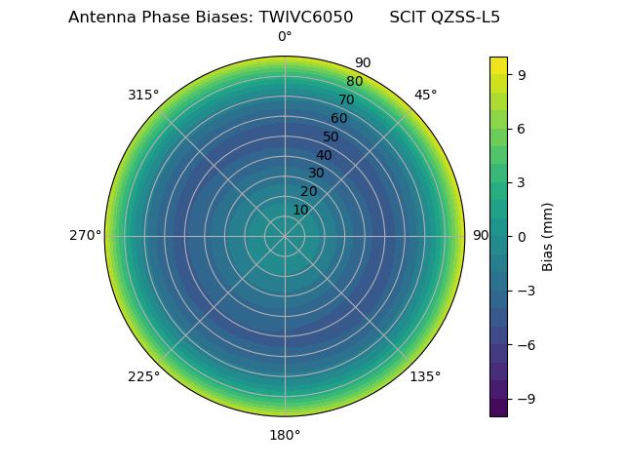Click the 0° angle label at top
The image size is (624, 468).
click(285, 37)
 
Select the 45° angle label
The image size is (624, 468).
click(425, 95)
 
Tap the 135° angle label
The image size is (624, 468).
click(425, 376)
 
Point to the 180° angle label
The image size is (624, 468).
click(285, 435)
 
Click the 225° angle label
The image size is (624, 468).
click(143, 376)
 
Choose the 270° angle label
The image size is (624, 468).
click(86, 236)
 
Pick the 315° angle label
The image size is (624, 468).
click(143, 95)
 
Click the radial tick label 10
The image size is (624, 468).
click(300, 210)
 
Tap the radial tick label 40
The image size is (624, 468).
click(324, 155)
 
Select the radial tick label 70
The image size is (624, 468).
click(346, 99)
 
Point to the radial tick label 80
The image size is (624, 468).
click(354, 82)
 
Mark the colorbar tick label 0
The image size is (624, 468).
click(522, 236)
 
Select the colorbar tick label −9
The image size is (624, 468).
click(526, 399)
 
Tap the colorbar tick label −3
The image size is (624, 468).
click(526, 291)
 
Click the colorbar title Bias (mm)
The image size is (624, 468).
click(548, 236)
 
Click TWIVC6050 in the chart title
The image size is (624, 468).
click(306, 18)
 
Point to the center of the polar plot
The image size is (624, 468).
click(285, 236)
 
